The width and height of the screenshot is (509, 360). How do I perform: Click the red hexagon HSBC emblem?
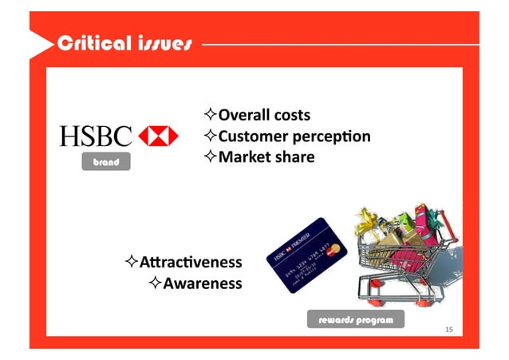point(159,136)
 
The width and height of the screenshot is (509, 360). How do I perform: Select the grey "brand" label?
point(105,162)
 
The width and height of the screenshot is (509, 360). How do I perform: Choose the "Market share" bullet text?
point(260,157)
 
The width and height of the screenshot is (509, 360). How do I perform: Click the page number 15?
point(449,330)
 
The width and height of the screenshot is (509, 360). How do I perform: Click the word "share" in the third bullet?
point(294,157)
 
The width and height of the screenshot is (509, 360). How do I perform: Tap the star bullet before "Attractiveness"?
point(132,262)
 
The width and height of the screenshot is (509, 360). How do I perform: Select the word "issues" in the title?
point(164,43)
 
